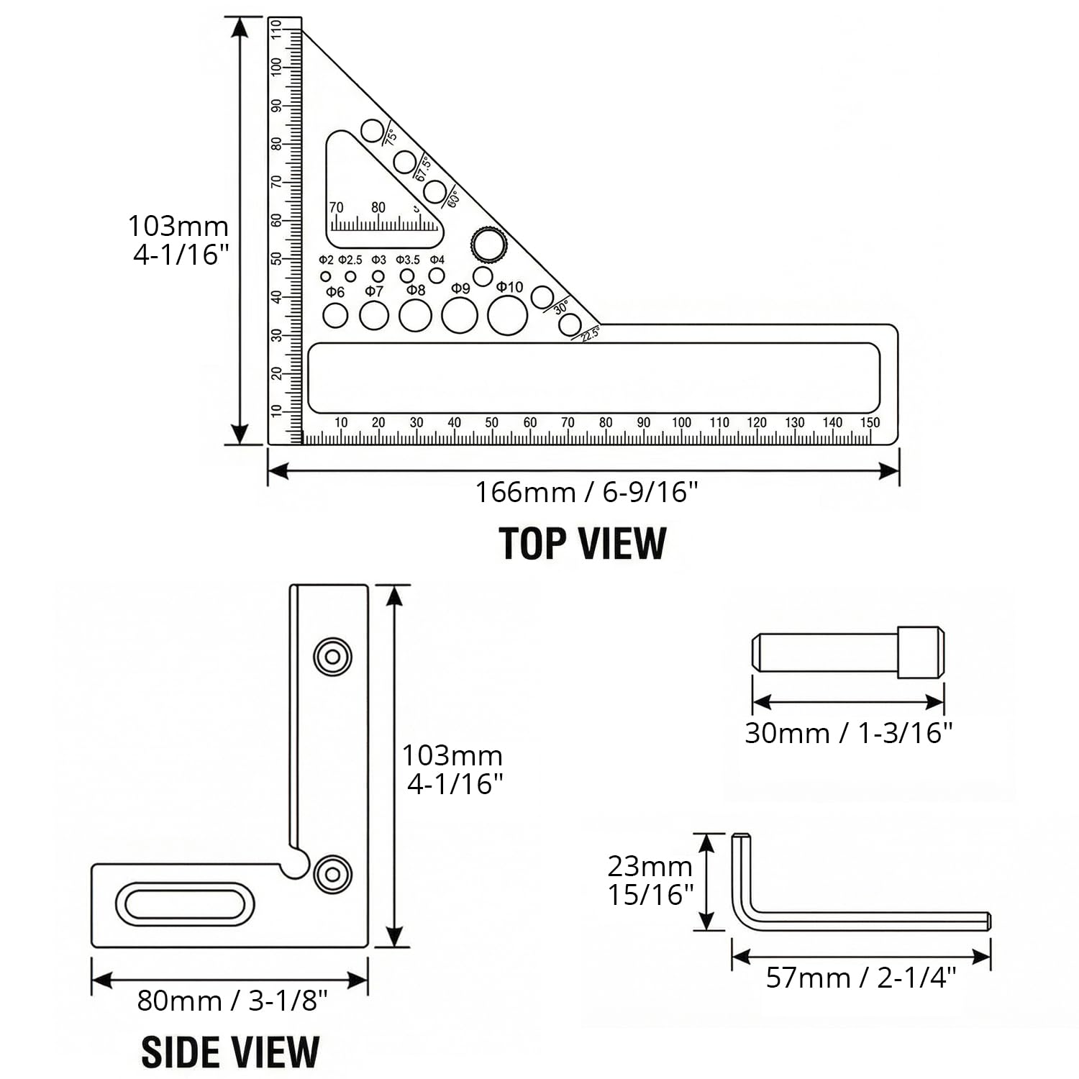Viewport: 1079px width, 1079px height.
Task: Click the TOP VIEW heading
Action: (x=583, y=543)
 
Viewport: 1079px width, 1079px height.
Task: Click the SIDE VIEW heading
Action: (x=230, y=1052)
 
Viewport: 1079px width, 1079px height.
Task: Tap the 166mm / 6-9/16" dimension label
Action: (x=586, y=493)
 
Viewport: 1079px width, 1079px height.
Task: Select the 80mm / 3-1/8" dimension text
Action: (x=232, y=1001)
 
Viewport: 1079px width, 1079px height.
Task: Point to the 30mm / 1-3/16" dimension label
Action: (x=849, y=733)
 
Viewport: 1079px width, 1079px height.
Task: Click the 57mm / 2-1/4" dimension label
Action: (x=861, y=978)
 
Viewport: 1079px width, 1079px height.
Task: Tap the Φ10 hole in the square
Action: (x=507, y=315)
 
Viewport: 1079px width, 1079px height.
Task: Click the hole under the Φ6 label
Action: (x=335, y=315)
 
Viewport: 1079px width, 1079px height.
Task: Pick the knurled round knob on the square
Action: (x=489, y=245)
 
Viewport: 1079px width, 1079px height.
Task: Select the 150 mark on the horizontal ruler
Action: (x=870, y=423)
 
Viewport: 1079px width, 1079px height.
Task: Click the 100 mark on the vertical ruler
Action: (x=276, y=68)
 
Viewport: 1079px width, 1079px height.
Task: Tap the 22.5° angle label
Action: (x=590, y=334)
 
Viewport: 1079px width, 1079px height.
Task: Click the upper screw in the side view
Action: (x=332, y=656)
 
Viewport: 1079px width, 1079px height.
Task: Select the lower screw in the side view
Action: (x=332, y=874)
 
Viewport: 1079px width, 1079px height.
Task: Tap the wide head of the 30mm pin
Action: (x=921, y=652)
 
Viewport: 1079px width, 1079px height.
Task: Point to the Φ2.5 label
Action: (x=350, y=260)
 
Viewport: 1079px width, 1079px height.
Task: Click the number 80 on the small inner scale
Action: (x=378, y=208)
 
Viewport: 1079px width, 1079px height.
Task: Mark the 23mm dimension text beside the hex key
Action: (x=650, y=867)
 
